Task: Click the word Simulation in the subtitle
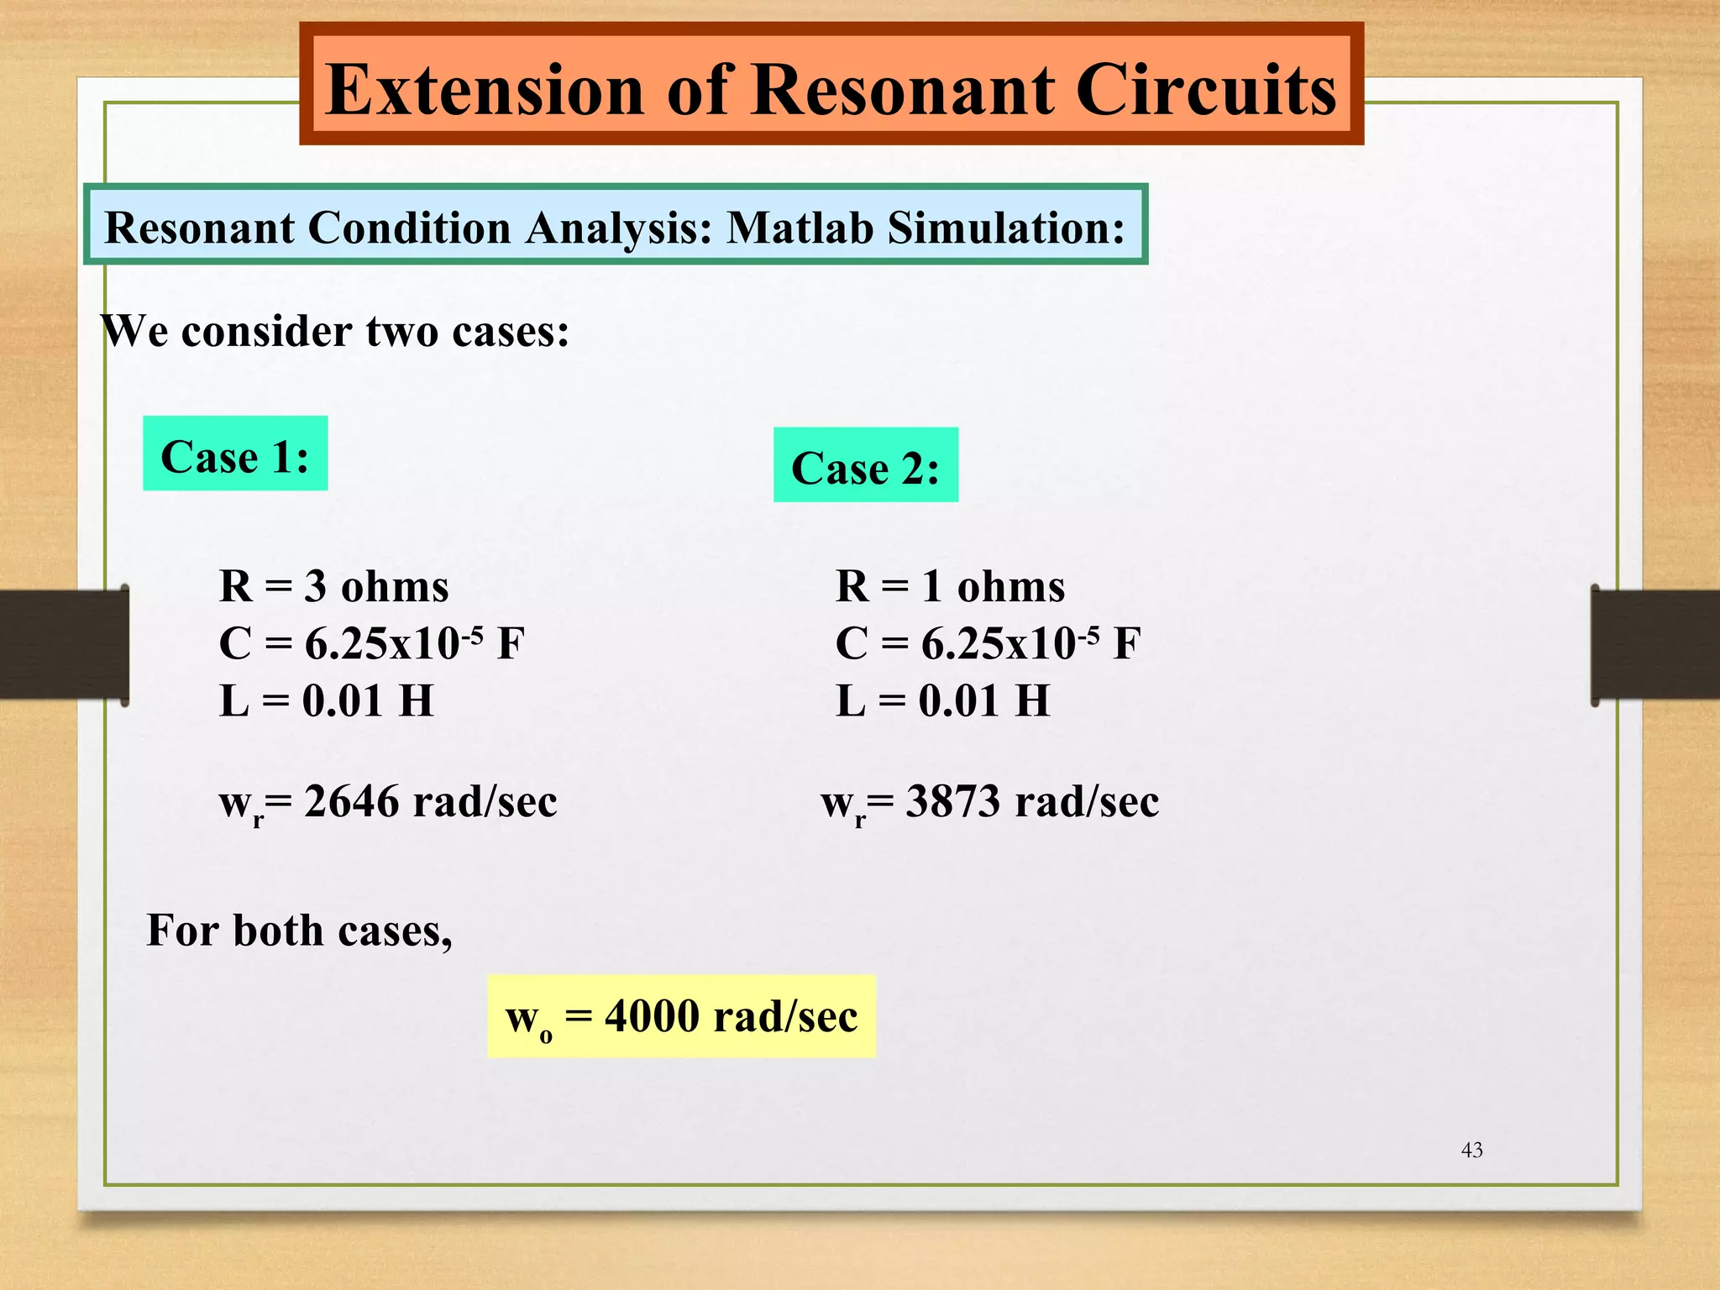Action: tap(1005, 228)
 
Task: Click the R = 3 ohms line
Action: tap(333, 586)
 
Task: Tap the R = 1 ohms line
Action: tap(950, 586)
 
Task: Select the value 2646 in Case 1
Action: tap(351, 801)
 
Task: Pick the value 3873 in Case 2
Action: tap(953, 801)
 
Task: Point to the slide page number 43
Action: tap(1472, 1150)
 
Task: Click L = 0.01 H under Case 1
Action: tap(326, 700)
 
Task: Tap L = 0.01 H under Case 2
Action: tap(942, 700)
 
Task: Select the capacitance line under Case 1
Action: tap(371, 644)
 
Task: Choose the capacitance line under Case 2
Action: tap(988, 644)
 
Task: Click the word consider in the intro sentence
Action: tap(266, 331)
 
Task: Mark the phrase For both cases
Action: tap(299, 931)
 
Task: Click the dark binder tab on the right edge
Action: tap(1654, 645)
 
